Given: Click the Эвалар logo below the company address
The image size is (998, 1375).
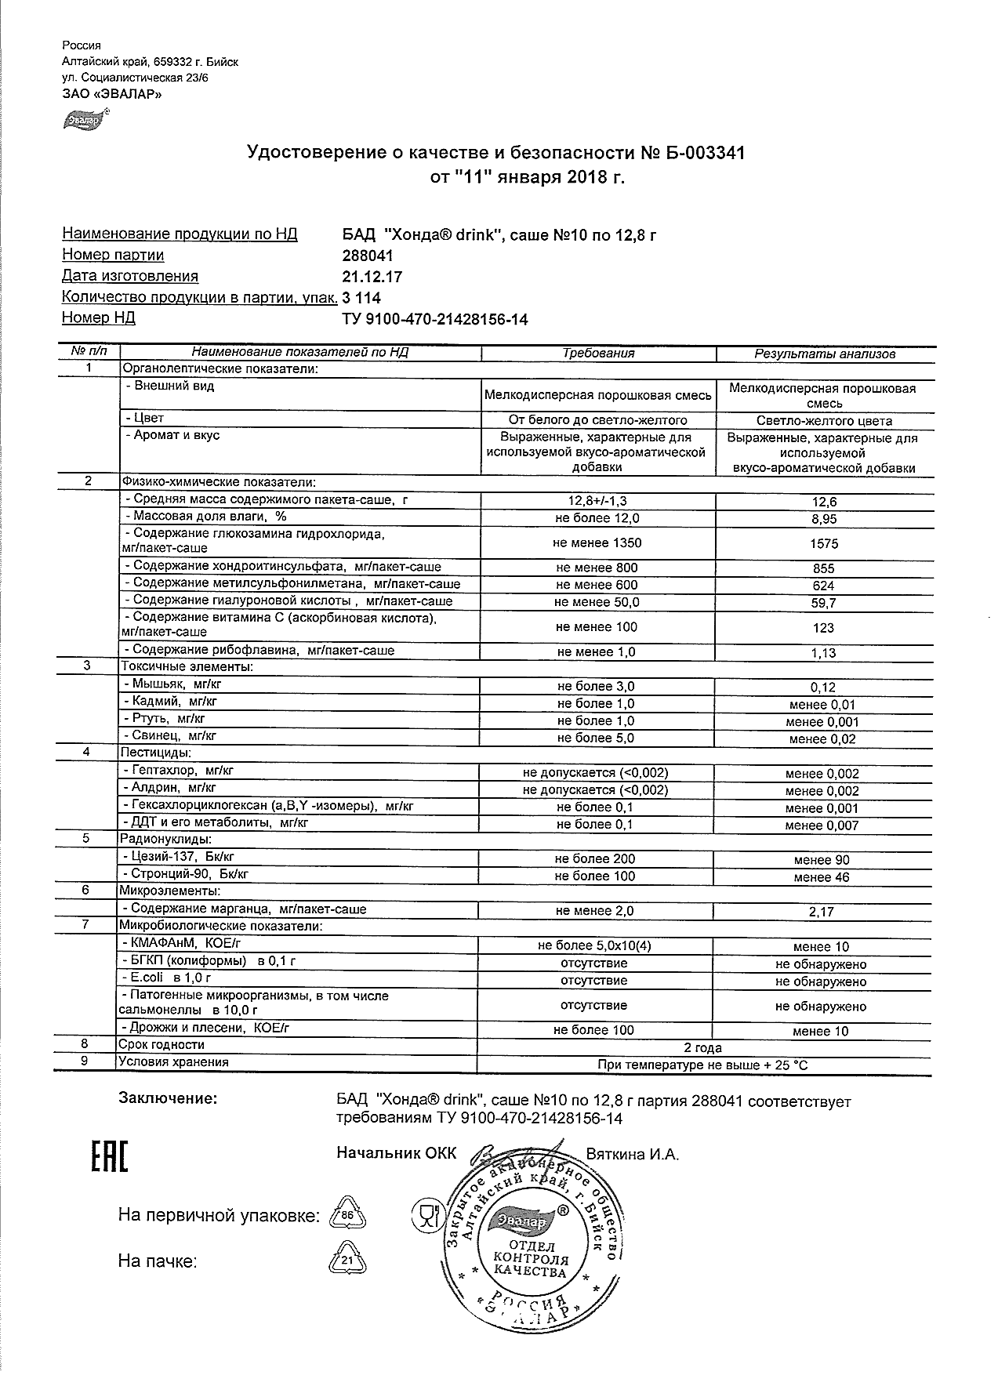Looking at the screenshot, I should click(85, 119).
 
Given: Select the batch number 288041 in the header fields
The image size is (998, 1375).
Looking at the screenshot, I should click(368, 256).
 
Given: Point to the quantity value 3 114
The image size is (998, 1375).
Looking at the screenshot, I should click(362, 297).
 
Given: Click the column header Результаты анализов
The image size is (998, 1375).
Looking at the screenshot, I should click(824, 354).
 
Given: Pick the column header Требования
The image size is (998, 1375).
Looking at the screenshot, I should click(598, 353).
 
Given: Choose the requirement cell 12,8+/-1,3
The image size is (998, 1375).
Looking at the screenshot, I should click(597, 501).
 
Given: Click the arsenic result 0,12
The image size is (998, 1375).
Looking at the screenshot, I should click(823, 687).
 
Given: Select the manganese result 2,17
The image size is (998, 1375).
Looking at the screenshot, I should click(823, 912).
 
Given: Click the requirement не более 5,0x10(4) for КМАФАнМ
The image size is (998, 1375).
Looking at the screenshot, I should click(595, 945).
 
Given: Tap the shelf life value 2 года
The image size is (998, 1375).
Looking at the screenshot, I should click(702, 1047).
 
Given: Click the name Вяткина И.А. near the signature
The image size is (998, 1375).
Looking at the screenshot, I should click(632, 1155).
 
